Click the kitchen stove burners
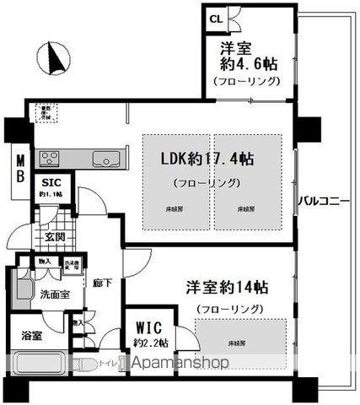click(46, 158)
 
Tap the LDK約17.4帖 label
click(208, 158)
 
